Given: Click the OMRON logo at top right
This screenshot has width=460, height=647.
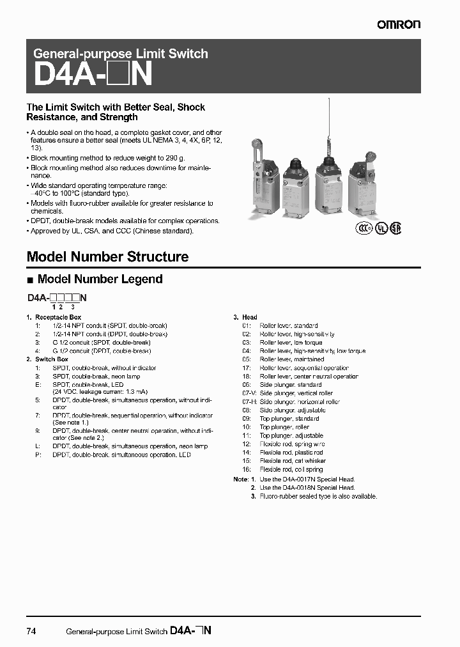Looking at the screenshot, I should click(398, 24).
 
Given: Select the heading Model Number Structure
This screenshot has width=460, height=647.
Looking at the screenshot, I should click(107, 257).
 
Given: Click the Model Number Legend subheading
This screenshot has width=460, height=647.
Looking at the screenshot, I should click(100, 279).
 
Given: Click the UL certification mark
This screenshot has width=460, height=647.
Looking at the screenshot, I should click(381, 228).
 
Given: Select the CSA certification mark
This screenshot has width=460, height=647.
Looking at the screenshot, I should click(396, 228).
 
